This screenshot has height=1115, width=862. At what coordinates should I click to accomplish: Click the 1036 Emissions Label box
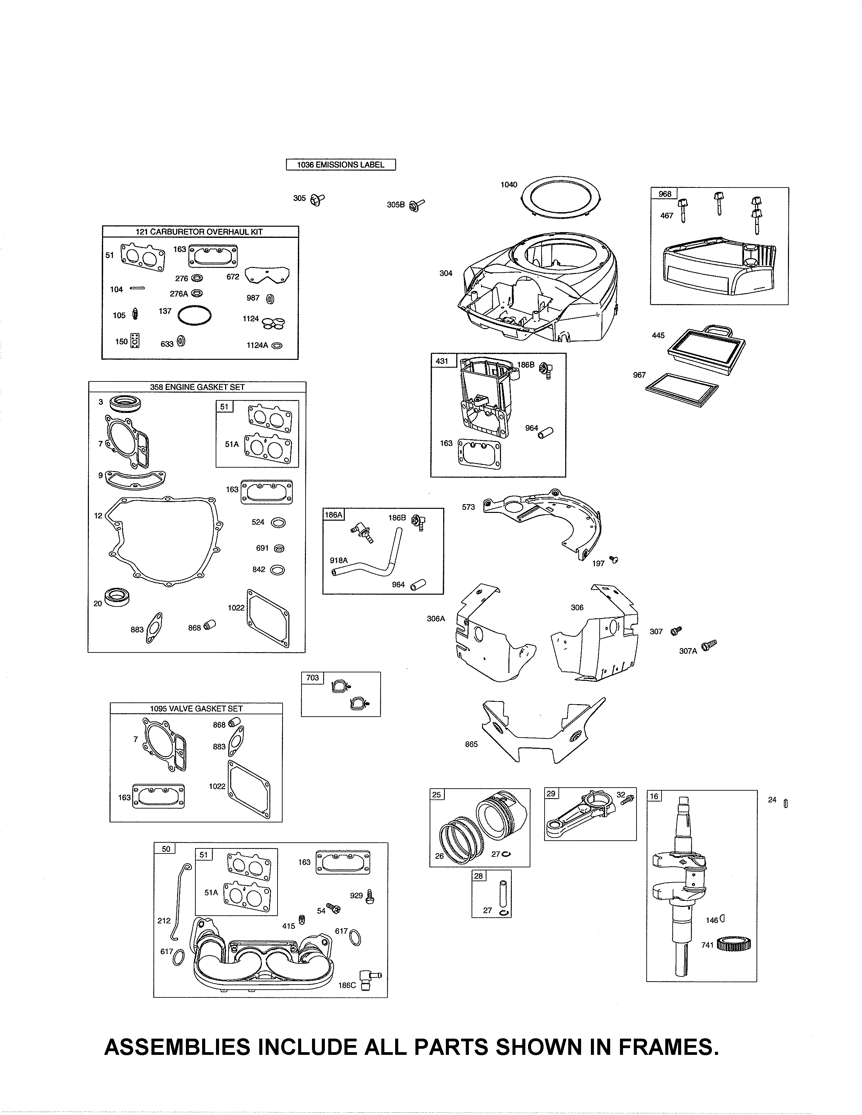(x=341, y=165)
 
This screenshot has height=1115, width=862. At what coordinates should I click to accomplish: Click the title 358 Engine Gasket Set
(x=197, y=387)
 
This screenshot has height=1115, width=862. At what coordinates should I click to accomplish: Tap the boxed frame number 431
(x=442, y=361)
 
